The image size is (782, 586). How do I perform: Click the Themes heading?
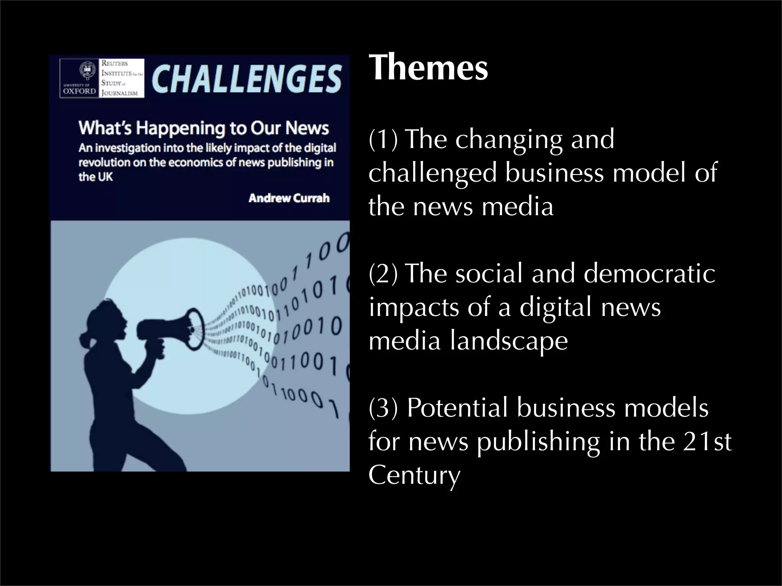pos(428,68)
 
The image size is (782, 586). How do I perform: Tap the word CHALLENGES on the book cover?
pos(246,79)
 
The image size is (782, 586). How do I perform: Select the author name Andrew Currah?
pos(289,198)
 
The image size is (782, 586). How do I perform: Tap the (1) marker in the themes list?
pos(383,139)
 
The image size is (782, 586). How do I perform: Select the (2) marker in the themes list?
pos(383,274)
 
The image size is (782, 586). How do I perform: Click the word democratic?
pos(649,274)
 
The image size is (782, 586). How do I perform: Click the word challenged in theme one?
pos(433,173)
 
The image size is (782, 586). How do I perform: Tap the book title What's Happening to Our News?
pos(204,128)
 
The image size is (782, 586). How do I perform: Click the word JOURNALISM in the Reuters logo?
pos(120,93)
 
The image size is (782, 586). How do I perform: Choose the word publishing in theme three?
pos(538,442)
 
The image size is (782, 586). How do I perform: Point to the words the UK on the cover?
pos(95,177)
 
